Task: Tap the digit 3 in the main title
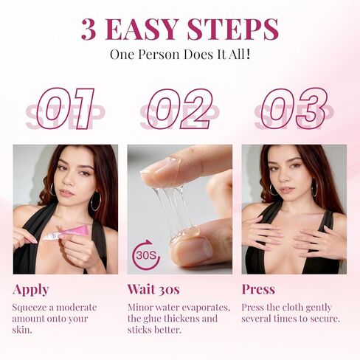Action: point(89,29)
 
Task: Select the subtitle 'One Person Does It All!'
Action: point(180,54)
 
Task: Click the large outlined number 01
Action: point(66,108)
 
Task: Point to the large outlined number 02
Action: point(180,108)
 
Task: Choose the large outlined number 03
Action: point(294,108)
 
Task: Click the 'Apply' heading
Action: point(31,288)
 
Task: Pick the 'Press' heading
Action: point(258,288)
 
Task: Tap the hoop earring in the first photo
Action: point(95,201)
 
